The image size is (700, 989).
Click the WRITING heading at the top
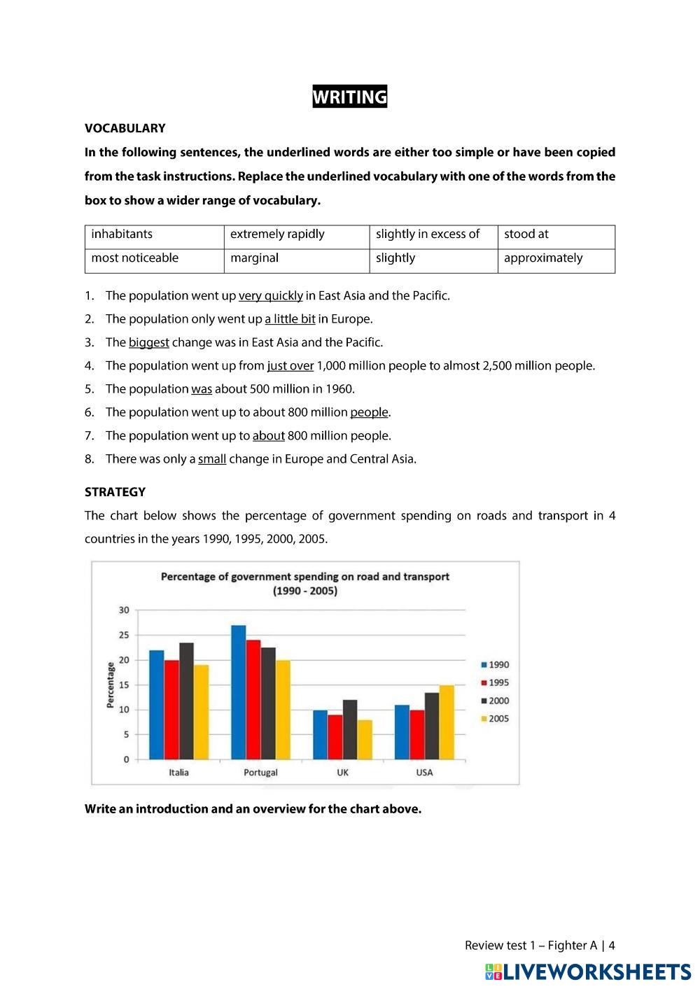349,97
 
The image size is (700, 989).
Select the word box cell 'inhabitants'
122,234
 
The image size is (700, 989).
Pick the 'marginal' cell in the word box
254,258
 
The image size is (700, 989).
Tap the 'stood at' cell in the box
526,234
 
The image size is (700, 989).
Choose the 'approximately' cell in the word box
543,258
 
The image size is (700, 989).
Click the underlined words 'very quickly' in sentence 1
271,296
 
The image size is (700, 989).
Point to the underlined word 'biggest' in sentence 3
149,343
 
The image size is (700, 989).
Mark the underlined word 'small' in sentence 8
212,460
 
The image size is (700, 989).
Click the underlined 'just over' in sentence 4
290,366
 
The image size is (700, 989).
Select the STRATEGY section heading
115,492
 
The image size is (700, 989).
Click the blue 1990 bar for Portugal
238,693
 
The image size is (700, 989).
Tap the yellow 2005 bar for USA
447,722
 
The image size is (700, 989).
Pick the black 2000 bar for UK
350,729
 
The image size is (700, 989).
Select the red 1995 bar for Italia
171,710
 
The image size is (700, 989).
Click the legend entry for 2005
494,719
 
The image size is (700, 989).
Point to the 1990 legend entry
494,665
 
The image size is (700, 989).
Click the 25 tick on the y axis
124,636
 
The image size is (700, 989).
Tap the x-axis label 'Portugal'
260,773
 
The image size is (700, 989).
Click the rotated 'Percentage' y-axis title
110,685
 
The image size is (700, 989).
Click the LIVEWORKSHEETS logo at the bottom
588,972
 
